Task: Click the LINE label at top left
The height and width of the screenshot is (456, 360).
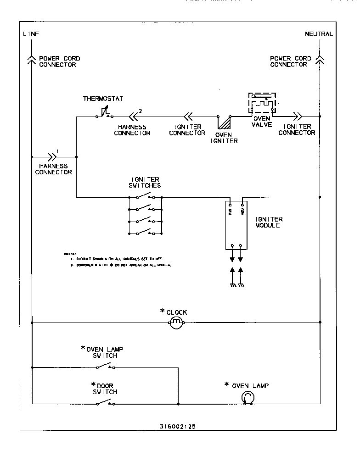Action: [x=31, y=34]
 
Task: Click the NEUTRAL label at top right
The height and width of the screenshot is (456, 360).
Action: [x=319, y=34]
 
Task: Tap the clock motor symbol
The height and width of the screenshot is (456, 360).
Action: [x=177, y=323]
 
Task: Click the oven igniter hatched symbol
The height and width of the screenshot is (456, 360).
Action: [x=224, y=122]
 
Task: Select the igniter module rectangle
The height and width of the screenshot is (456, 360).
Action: [x=236, y=225]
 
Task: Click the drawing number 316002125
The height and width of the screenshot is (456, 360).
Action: [x=178, y=426]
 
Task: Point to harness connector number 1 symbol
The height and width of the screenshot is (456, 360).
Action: [x=51, y=156]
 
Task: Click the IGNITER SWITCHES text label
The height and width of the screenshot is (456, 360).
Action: [x=146, y=182]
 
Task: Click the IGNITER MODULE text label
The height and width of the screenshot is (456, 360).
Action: [x=269, y=222]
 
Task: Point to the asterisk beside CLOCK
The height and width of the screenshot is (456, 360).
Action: [x=162, y=311]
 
